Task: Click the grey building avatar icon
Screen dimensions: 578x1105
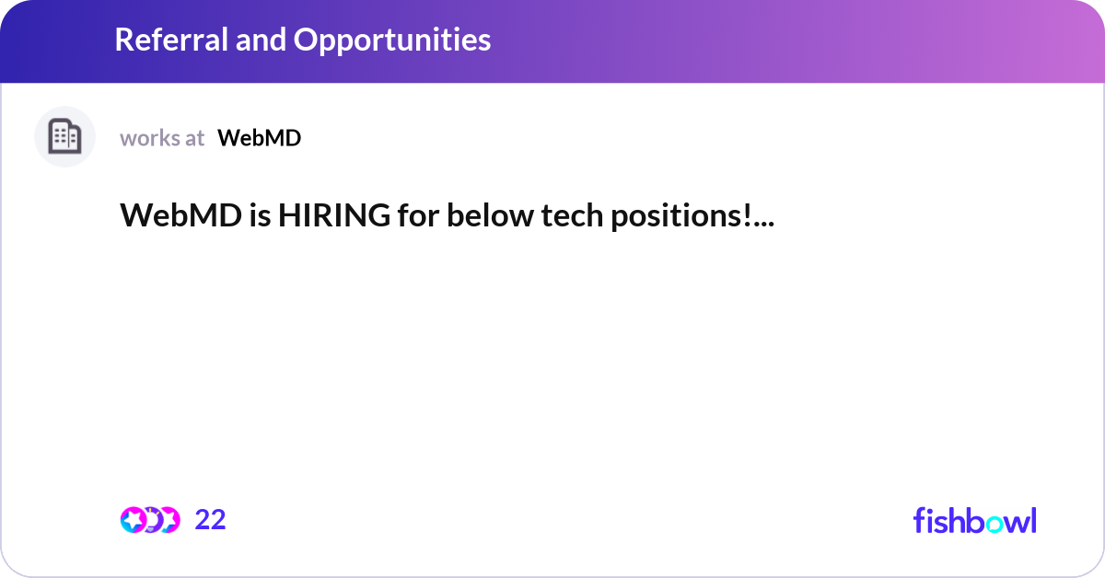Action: [x=64, y=137]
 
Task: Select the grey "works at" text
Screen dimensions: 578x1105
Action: [x=162, y=138]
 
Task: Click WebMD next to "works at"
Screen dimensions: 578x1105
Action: [x=259, y=138]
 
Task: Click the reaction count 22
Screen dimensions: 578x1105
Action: [x=210, y=520]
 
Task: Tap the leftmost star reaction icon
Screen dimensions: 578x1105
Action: [x=133, y=520]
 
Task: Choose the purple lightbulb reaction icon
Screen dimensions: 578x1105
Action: [x=151, y=520]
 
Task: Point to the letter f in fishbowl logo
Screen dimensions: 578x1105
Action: [x=919, y=520]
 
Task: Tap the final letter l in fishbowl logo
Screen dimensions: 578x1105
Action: [x=1032, y=519]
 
